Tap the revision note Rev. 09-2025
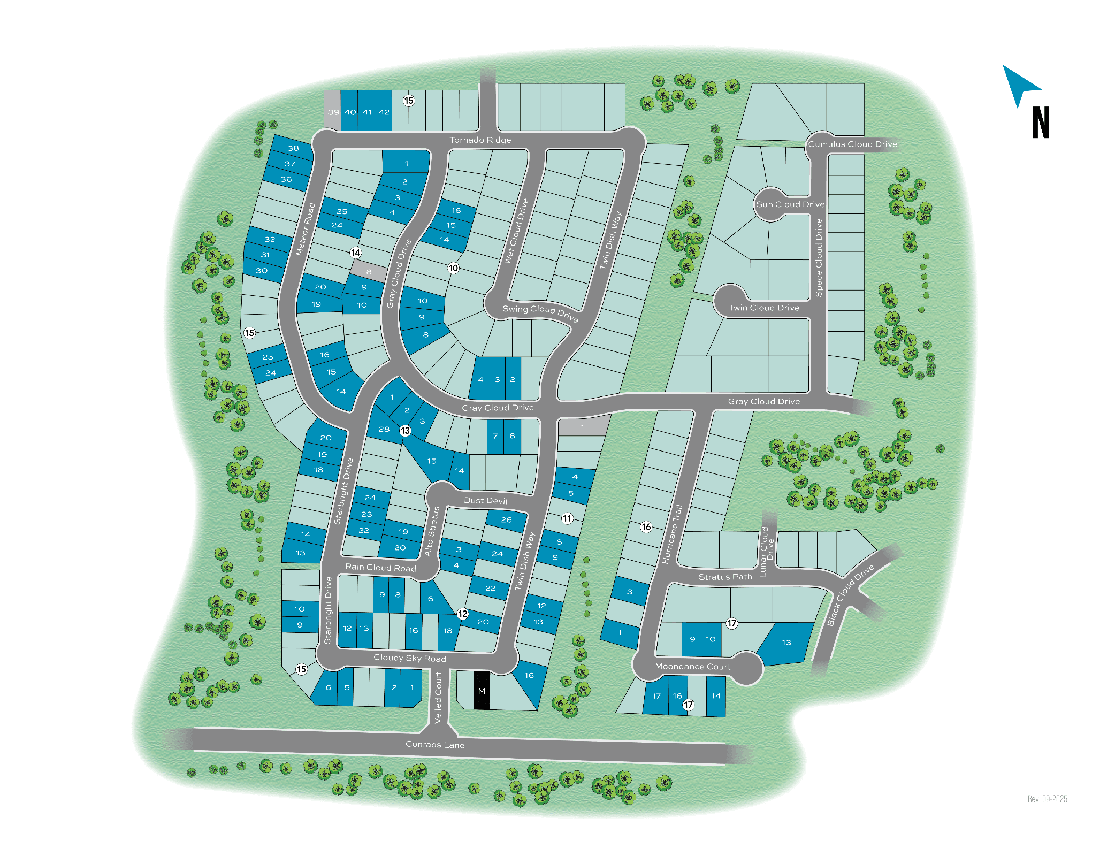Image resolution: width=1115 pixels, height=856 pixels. coord(1047,799)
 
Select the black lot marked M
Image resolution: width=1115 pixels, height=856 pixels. coord(482,691)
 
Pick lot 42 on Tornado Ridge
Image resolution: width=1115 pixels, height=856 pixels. coord(384,112)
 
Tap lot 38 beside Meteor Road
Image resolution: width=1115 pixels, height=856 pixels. coord(293,148)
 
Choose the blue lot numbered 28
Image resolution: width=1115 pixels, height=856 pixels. coord(384,429)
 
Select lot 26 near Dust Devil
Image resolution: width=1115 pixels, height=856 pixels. coord(506,519)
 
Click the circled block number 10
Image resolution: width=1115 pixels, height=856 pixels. coord(453,268)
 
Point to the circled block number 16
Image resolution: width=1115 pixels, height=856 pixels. coord(646,527)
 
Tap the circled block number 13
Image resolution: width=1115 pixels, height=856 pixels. coord(405,431)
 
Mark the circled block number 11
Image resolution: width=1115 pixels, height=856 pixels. coord(567,518)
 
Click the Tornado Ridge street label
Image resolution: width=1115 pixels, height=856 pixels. coord(480,140)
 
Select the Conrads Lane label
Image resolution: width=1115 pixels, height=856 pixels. coord(434,744)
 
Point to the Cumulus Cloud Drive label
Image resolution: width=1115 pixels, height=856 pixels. coord(852,144)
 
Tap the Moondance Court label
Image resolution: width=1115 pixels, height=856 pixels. coord(692,667)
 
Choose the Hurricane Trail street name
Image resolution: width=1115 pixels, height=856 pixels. coord(673,534)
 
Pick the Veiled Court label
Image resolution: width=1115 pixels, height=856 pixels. coord(439,698)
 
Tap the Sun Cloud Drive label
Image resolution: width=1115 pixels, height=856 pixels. coord(790,204)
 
